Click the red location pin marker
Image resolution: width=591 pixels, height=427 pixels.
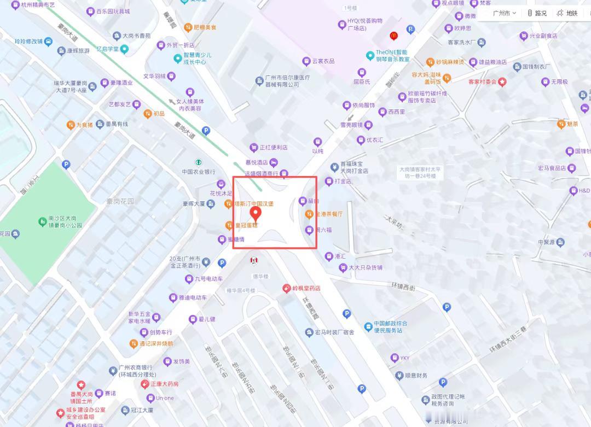point(255,213)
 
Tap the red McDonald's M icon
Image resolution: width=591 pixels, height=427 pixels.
point(393,36)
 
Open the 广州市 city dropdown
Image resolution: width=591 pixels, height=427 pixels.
point(504,13)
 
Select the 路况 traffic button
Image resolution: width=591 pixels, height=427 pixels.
point(537,13)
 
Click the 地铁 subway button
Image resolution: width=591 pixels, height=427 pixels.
point(567,13)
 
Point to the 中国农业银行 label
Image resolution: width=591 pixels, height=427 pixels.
point(199,171)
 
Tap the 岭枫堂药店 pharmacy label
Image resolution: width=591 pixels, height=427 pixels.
point(305,288)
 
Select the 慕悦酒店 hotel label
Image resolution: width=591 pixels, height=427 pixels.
point(257,162)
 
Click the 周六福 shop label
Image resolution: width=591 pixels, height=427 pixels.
point(323,230)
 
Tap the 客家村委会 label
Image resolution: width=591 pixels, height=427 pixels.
point(482,82)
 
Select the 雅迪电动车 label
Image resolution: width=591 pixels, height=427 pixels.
point(192,298)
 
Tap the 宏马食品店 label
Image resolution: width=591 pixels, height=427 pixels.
point(552,168)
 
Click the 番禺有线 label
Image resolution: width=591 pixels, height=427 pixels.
point(116,124)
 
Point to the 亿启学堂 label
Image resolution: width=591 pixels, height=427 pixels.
point(108,49)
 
